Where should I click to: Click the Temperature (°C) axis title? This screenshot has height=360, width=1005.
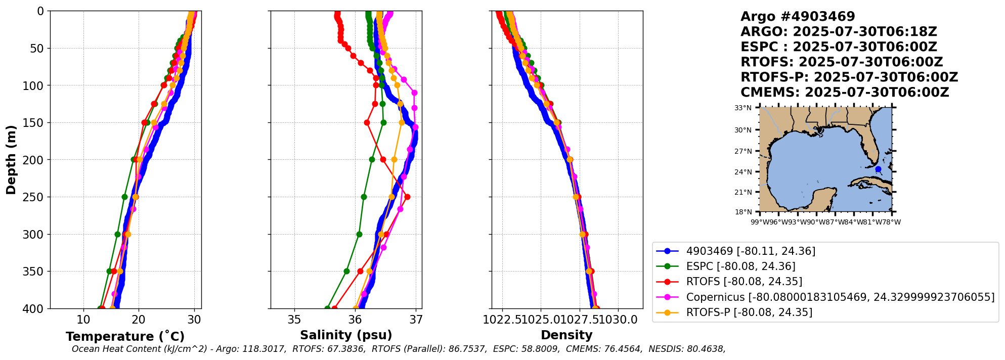coord(125,337)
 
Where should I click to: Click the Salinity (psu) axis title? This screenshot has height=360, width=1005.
coord(346,335)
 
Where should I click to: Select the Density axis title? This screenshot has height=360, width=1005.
coord(566,335)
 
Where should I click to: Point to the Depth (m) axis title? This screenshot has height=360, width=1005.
coord(11,160)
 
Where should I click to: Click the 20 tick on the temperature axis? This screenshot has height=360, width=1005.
coord(139,320)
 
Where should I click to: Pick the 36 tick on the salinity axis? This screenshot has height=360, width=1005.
coord(355,320)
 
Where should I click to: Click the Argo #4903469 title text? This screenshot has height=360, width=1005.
coord(798,17)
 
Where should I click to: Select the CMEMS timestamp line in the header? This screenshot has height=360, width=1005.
coord(845,93)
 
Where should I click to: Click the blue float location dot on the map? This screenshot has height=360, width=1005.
coord(878,169)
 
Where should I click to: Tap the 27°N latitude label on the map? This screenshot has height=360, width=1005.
coord(743,151)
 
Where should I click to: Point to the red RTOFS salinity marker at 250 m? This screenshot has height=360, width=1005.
coord(407,197)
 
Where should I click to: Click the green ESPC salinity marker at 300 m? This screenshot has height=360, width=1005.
coord(359,234)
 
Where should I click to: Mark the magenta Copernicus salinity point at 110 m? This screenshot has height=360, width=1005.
coord(414,93)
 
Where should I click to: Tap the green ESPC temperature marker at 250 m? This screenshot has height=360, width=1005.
coord(124,197)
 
